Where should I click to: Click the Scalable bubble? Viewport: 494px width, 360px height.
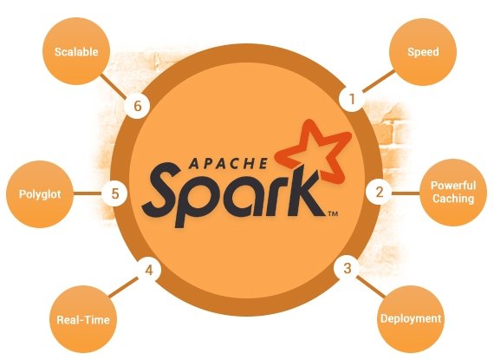76,51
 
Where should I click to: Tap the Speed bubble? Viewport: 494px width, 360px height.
423,52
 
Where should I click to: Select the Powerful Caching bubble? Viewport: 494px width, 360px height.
453,193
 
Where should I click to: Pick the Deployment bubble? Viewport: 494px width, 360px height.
411,319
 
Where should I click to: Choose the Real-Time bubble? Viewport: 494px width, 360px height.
83,319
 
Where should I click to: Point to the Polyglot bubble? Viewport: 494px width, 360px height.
40,194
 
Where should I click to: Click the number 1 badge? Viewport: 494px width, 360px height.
352,99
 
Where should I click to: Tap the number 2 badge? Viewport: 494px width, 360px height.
379,192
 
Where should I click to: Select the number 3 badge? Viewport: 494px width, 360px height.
348,268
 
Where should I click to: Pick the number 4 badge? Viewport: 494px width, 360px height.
149,270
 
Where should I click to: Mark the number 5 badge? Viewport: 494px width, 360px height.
114,193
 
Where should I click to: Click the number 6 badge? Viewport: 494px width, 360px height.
137,106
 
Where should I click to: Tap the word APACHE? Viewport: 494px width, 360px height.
229,164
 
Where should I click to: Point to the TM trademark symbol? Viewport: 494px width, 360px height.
333,214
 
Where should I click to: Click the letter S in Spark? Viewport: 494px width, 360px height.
163,189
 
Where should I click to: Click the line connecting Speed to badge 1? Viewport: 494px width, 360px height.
378,82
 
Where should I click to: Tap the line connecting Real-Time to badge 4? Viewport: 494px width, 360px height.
123,287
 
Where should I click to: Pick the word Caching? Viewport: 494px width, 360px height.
453,199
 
